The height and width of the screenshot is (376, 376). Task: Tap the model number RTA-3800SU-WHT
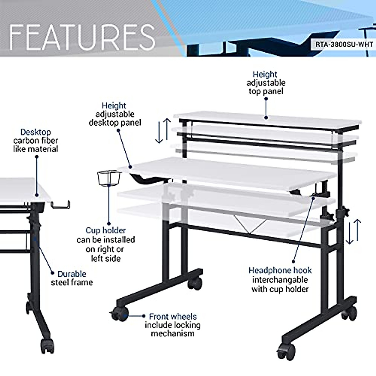tap(344, 44)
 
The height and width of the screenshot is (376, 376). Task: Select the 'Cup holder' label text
tap(106, 231)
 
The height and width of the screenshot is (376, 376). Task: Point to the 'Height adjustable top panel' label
tap(266, 83)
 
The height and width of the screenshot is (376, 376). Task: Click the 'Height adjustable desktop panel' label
tap(115, 114)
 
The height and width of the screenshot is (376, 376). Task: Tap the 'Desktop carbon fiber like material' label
tap(36, 140)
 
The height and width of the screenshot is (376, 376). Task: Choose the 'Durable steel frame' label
tap(72, 278)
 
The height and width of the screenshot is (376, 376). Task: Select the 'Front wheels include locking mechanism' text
tap(173, 325)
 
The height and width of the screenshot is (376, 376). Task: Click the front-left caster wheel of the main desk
tap(120, 315)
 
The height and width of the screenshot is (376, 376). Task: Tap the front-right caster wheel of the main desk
tap(285, 352)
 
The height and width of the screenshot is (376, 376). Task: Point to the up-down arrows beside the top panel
tap(163, 131)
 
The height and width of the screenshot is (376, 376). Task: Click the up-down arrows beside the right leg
tap(354, 232)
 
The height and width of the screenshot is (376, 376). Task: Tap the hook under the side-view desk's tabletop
tap(60, 205)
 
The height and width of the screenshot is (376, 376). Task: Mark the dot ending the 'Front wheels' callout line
tap(144, 316)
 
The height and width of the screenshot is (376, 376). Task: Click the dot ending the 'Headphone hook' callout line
tap(293, 261)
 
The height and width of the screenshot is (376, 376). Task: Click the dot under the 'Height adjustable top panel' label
tap(266, 118)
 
